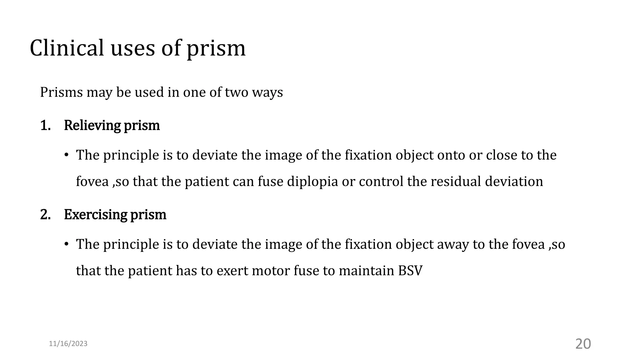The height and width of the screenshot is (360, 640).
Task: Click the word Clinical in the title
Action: (67, 48)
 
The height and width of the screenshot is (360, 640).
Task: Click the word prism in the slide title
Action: (216, 49)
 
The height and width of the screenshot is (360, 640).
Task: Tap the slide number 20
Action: (583, 344)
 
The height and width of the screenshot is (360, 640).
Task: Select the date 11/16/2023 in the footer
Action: (68, 344)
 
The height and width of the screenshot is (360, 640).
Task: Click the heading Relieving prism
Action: (112, 125)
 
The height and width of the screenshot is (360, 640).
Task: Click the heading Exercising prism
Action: (115, 214)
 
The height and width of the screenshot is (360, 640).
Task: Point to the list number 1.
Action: (45, 125)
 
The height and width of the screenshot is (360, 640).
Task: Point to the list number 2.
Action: (45, 214)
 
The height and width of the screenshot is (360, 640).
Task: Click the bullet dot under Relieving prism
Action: (66, 155)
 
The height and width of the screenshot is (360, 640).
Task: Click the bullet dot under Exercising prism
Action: (66, 244)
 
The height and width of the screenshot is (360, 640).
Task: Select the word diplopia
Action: (312, 182)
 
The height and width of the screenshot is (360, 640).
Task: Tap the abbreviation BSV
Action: (410, 271)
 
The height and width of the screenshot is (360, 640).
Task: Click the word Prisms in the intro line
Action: (61, 92)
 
